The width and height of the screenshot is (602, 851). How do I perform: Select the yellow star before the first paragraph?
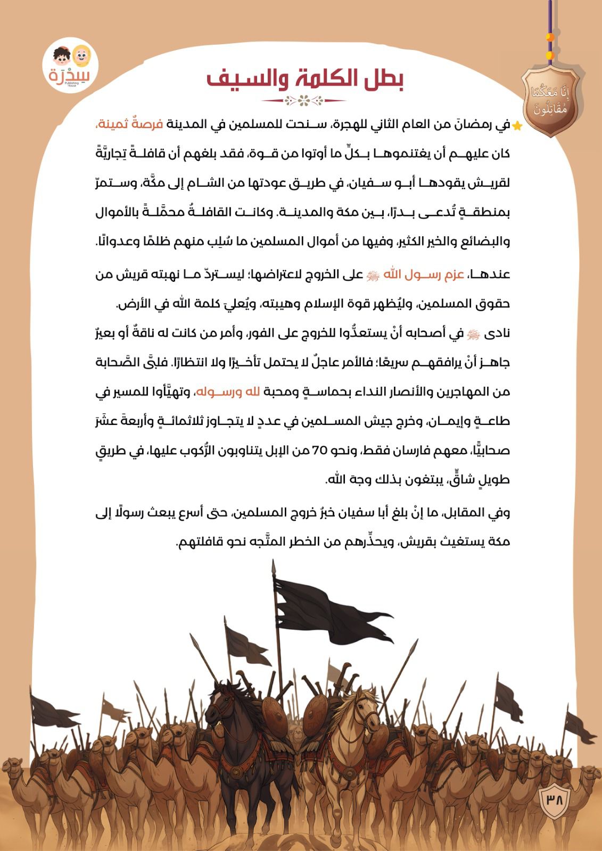[516, 126]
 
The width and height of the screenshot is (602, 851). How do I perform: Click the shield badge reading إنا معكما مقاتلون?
[549, 101]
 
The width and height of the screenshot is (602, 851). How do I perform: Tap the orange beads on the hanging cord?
[550, 45]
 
